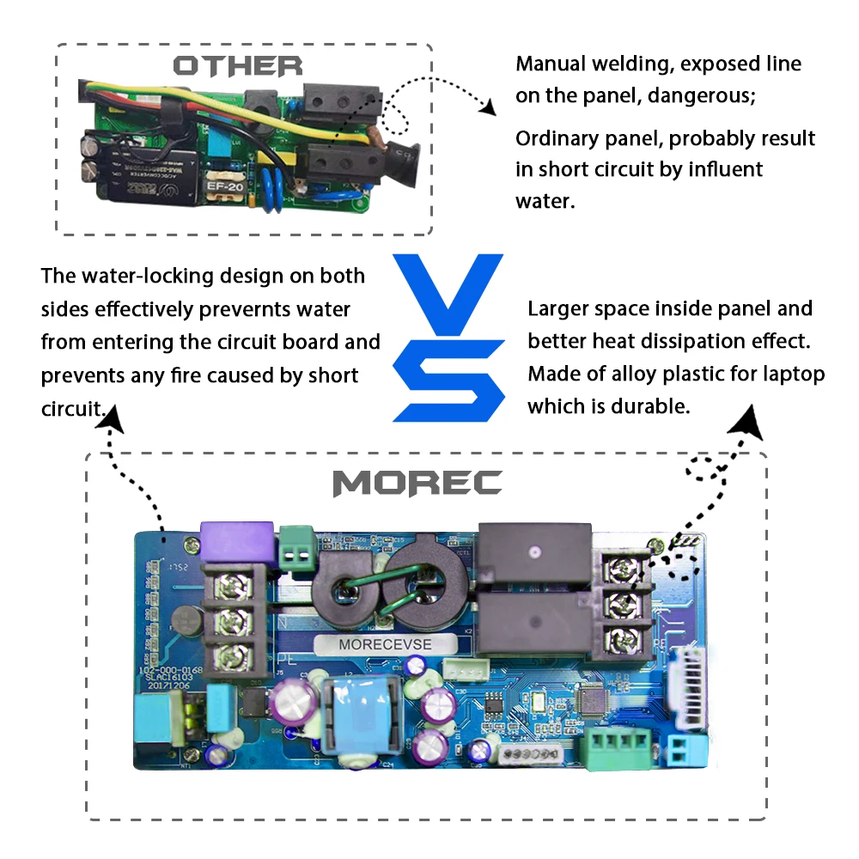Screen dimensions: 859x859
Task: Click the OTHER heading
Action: (x=238, y=66)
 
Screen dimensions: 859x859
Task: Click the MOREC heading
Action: (x=417, y=484)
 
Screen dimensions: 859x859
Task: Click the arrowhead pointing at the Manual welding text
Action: (x=488, y=107)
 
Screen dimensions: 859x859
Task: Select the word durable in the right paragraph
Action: (x=654, y=406)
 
